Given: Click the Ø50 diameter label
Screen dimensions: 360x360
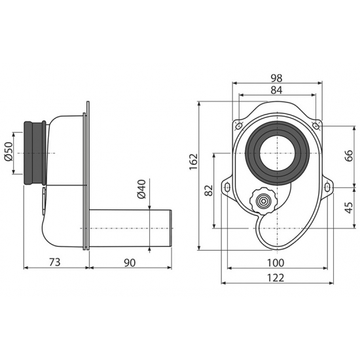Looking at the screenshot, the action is click(9, 152).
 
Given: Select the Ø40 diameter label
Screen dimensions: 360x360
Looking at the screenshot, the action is click(141, 189).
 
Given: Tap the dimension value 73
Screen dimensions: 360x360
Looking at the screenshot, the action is click(55, 262).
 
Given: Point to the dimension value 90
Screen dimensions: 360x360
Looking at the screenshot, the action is click(130, 262).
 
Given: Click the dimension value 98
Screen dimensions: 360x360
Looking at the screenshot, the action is click(276, 78).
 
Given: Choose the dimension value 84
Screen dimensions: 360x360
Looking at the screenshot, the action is click(276, 90).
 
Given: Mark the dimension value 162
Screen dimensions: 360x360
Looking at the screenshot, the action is click(193, 162).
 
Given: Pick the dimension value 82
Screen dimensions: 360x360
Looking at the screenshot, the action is click(209, 190).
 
